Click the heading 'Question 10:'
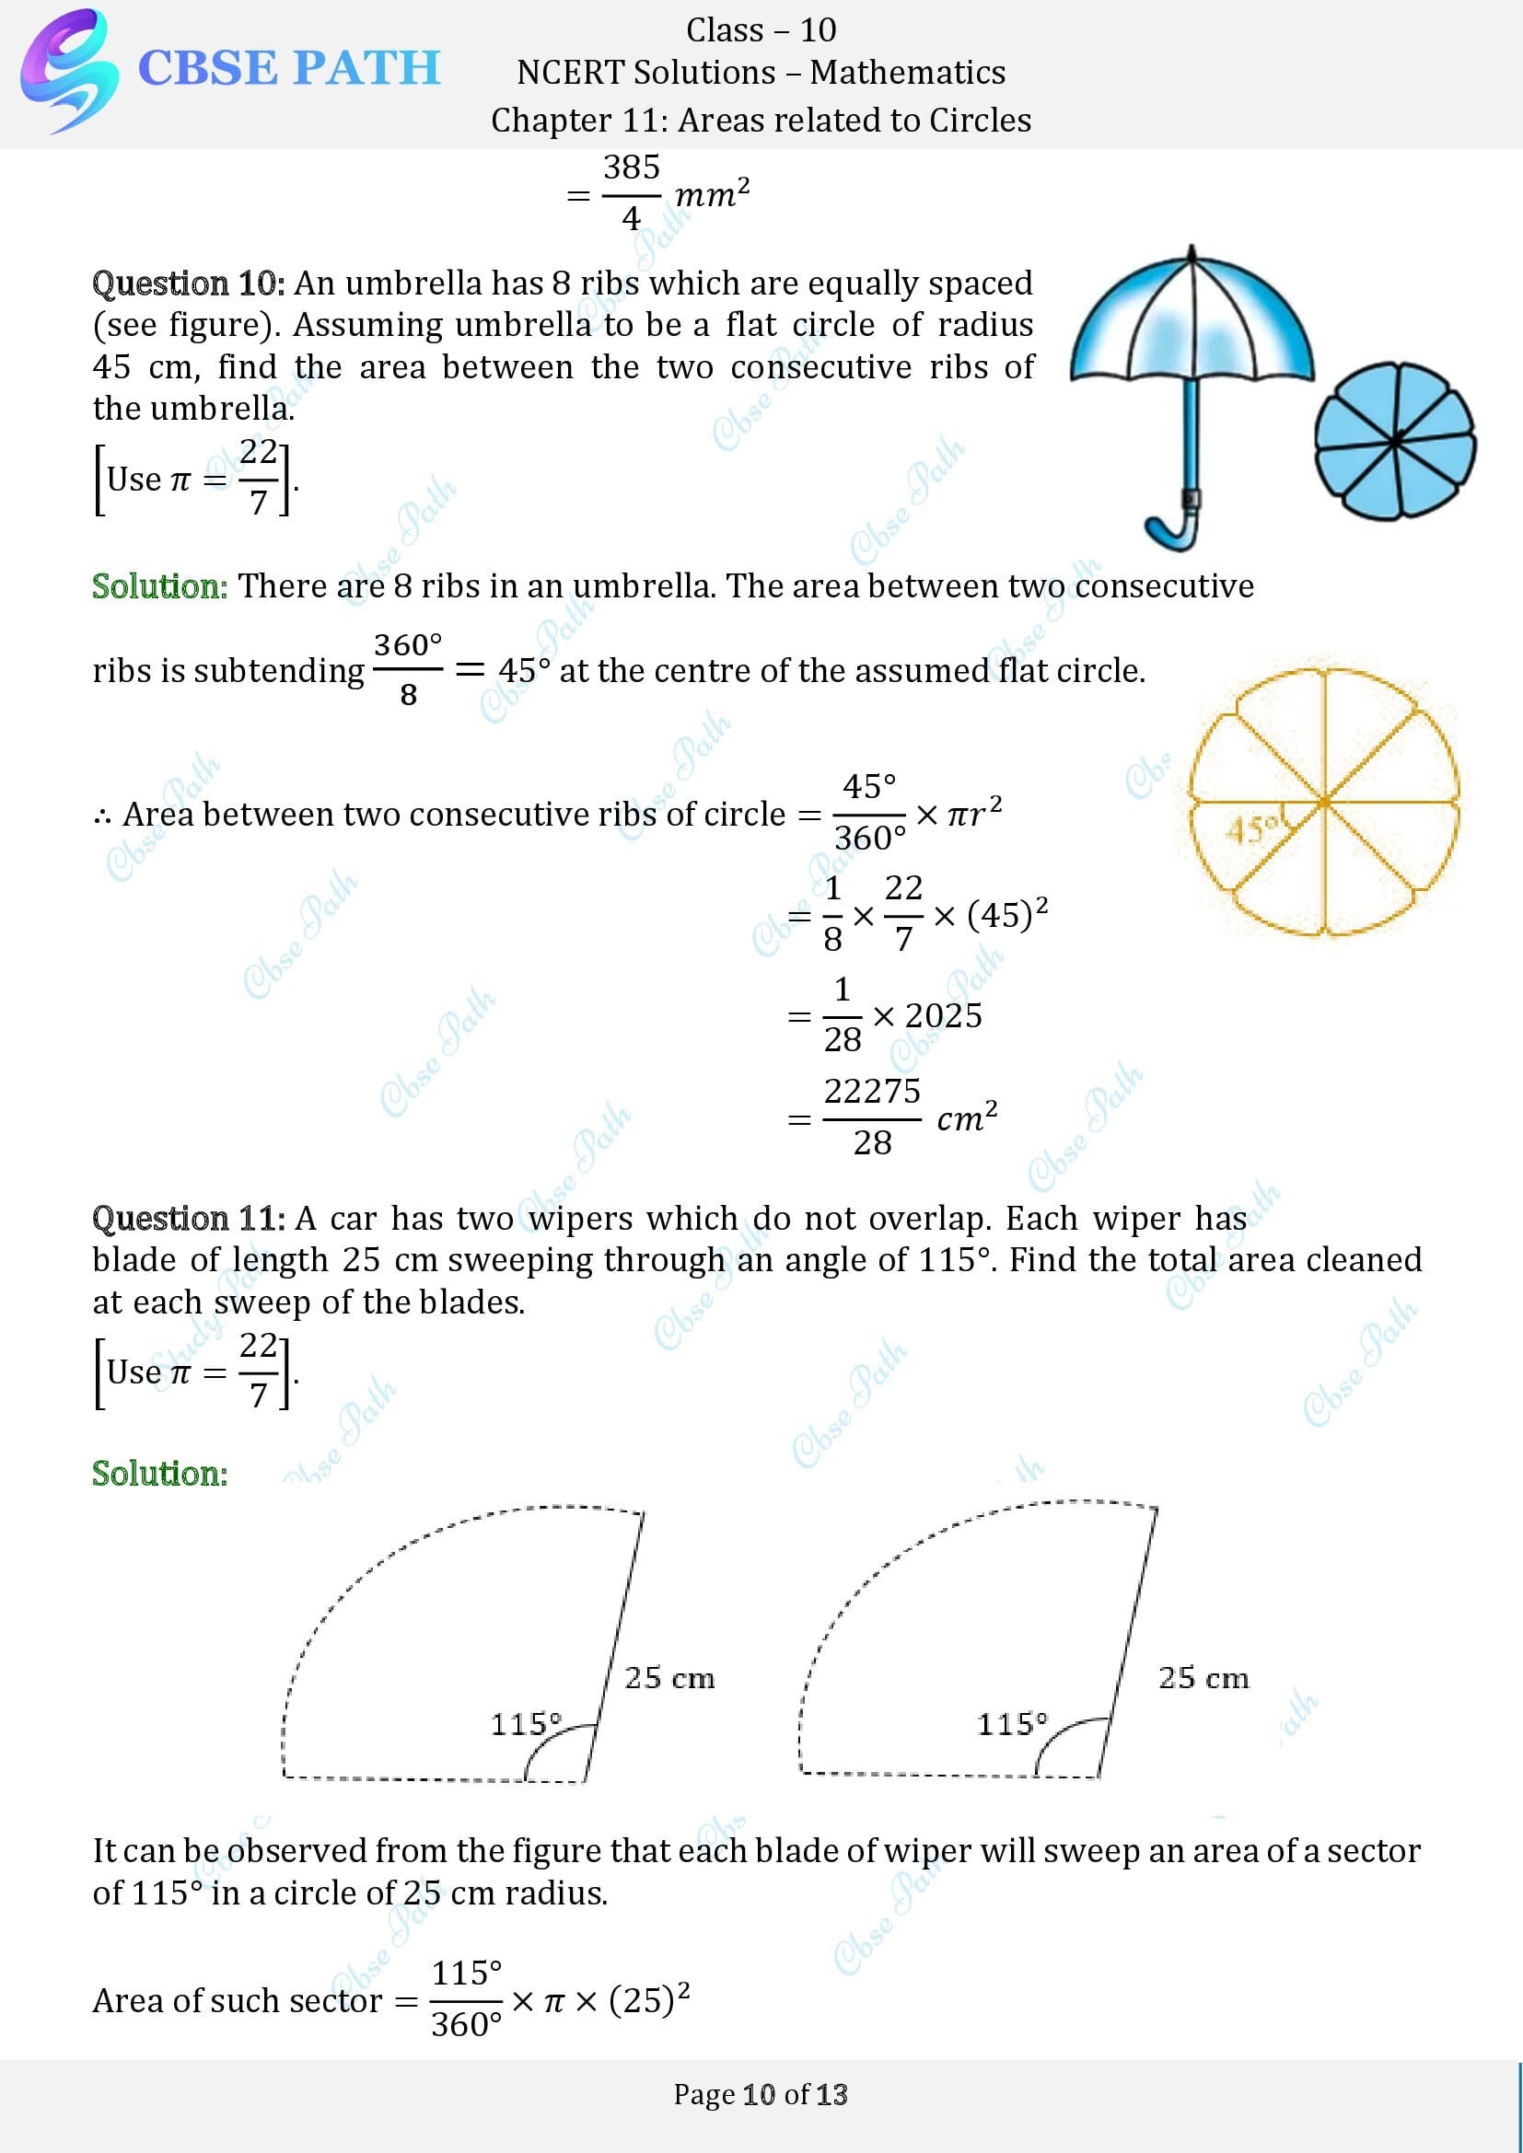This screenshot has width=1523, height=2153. [188, 284]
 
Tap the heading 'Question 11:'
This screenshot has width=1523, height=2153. [188, 1218]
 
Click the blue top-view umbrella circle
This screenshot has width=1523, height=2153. [1394, 441]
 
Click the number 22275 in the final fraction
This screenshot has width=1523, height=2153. [872, 1092]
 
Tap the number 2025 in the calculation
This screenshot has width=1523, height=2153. [944, 1015]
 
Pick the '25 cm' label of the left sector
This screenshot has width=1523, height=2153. [669, 1678]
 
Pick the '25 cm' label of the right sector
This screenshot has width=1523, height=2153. [1203, 1678]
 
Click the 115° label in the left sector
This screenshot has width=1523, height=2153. [525, 1723]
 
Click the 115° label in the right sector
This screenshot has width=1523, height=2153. [1012, 1723]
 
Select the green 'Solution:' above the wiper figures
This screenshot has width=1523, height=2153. [159, 1473]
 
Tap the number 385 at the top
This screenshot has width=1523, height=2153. [631, 168]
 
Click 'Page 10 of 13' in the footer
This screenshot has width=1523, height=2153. [761, 2094]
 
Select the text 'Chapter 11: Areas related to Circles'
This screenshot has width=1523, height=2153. [761, 120]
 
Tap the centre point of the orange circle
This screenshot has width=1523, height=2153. [1324, 802]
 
